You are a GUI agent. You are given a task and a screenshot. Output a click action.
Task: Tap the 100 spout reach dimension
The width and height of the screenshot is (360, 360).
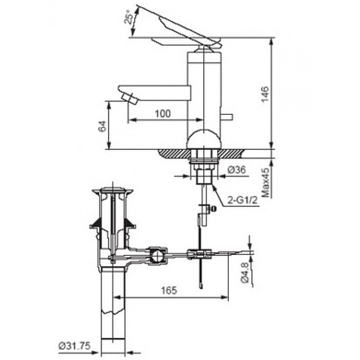[x=163, y=113]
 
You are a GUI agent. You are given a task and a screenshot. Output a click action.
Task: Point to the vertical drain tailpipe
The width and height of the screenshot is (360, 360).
[x=114, y=307]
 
